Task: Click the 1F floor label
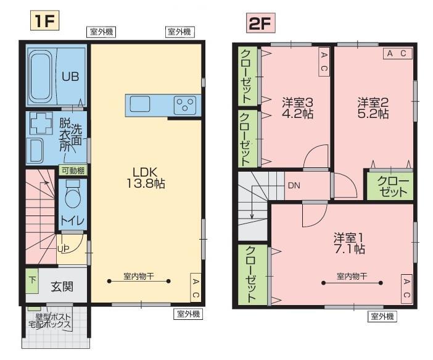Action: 44,20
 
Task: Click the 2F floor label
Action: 260,23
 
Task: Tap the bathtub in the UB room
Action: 41,77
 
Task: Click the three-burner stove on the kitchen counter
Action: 185,105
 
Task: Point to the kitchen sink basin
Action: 140,104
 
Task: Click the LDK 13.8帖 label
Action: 146,178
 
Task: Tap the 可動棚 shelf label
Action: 73,170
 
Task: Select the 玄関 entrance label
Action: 62,287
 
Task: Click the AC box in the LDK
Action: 196,288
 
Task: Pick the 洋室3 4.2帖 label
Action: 297,108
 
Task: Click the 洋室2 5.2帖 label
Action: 373,108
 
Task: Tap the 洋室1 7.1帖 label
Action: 349,243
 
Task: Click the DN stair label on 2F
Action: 294,185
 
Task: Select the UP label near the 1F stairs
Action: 64,249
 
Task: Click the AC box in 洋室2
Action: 397,53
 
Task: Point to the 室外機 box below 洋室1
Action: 382,316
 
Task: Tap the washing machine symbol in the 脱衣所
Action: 41,123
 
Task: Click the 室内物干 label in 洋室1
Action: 352,276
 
